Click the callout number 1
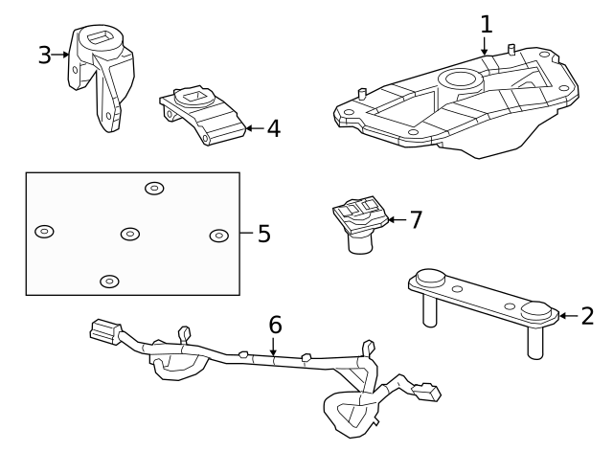(x=486, y=23)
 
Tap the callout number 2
(x=587, y=316)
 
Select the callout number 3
(x=44, y=55)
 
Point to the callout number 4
(x=273, y=127)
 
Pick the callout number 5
(x=264, y=234)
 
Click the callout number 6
(x=275, y=325)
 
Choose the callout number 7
(x=415, y=220)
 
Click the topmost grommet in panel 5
(x=154, y=188)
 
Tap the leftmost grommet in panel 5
(x=44, y=232)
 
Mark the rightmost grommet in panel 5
(x=218, y=236)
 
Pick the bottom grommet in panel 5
(x=110, y=282)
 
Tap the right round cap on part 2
(x=537, y=311)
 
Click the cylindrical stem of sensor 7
(x=360, y=245)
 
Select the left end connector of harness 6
(x=101, y=332)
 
